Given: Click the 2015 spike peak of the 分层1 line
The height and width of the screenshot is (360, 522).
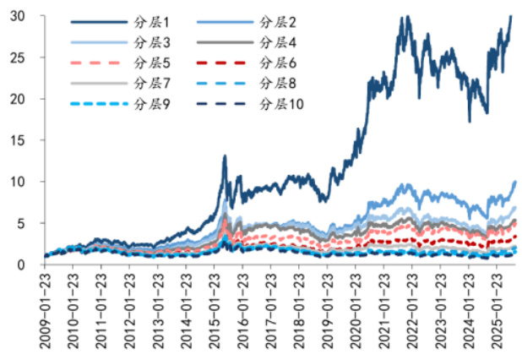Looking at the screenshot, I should [225, 155].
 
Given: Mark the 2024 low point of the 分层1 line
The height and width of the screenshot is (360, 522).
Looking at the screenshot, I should [470, 121].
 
